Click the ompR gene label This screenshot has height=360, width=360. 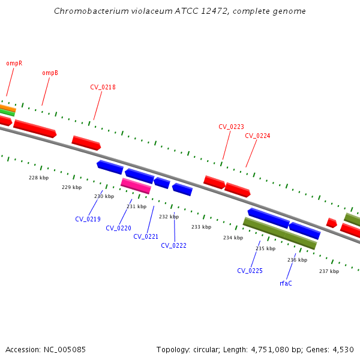tap(14, 63)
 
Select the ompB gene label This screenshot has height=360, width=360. tap(50, 73)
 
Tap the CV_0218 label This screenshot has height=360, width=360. tap(103, 87)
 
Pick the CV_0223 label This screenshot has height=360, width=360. tap(231, 127)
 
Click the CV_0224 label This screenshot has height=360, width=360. tap(257, 136)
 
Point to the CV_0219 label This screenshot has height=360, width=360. tap(88, 219)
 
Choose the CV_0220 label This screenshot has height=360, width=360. tap(118, 228)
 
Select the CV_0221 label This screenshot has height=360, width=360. tap(146, 236)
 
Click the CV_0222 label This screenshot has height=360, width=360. tap(173, 245)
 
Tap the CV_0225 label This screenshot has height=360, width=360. tap(250, 271)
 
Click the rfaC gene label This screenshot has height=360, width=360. tap(286, 283)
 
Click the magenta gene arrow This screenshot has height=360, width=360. tap(136, 186)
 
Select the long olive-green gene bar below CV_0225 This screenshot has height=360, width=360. tap(280, 234)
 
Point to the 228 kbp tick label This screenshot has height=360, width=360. tap(39, 178)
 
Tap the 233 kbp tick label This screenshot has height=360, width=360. tap(202, 227)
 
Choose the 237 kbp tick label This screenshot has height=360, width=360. tap(329, 271)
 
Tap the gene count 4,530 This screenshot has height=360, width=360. tap(342, 349)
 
